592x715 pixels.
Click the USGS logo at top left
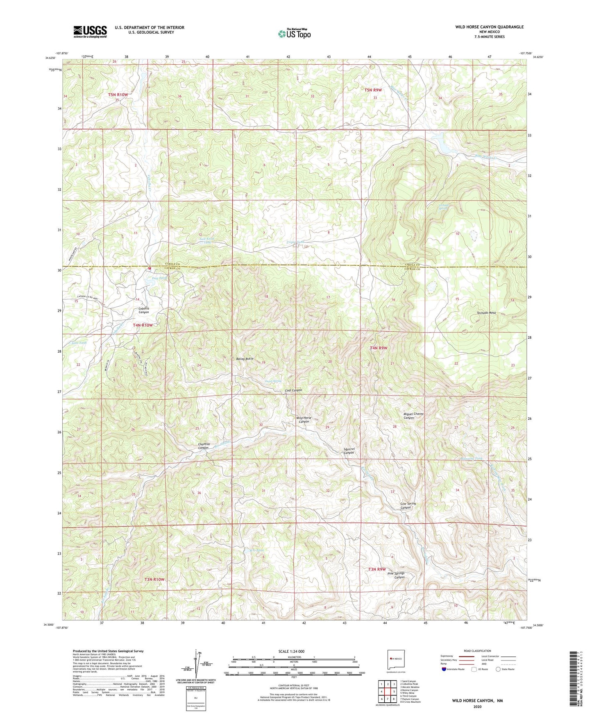(x=90, y=31)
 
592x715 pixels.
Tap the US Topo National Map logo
(x=294, y=34)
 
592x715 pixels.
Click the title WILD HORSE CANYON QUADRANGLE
(x=489, y=27)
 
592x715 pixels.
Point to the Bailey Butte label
(x=245, y=358)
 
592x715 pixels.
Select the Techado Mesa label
(x=486, y=312)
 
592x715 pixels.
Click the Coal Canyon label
(x=293, y=390)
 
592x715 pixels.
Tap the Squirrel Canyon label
(x=349, y=451)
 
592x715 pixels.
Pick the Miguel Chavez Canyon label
(x=413, y=416)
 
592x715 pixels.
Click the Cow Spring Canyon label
(x=408, y=505)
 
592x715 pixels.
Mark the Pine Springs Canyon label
(x=396, y=575)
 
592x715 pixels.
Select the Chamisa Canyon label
(x=204, y=446)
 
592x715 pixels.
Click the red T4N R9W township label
(x=379, y=348)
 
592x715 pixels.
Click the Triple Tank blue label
(x=295, y=242)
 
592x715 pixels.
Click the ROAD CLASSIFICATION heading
(x=477, y=651)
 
